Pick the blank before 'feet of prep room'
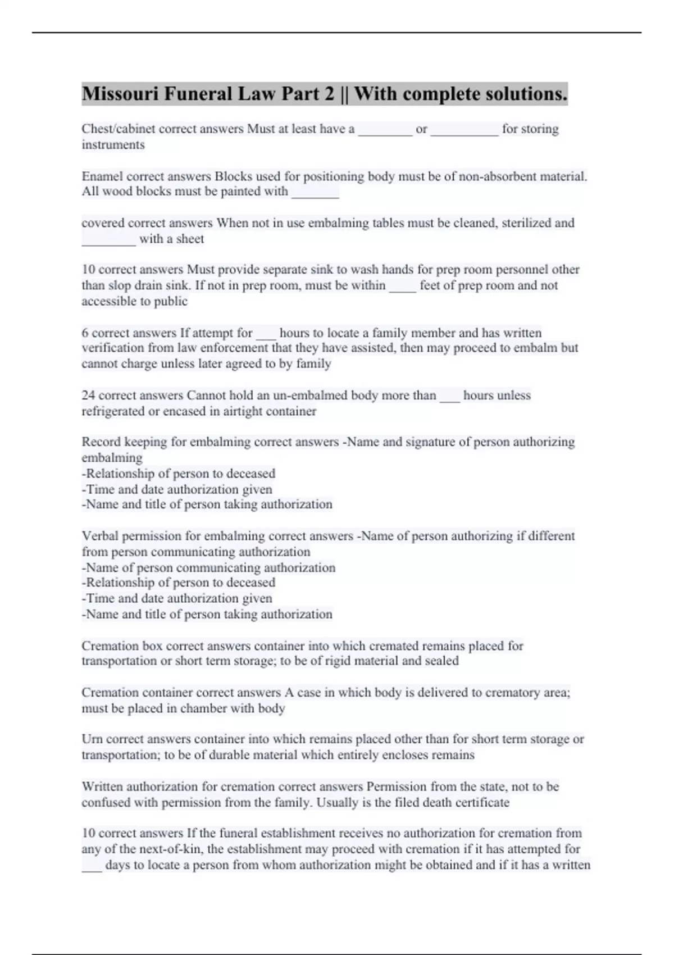[402, 286]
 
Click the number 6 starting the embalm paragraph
[85, 333]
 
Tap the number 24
[88, 395]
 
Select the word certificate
[481, 802]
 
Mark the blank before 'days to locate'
[92, 866]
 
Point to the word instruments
[113, 145]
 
